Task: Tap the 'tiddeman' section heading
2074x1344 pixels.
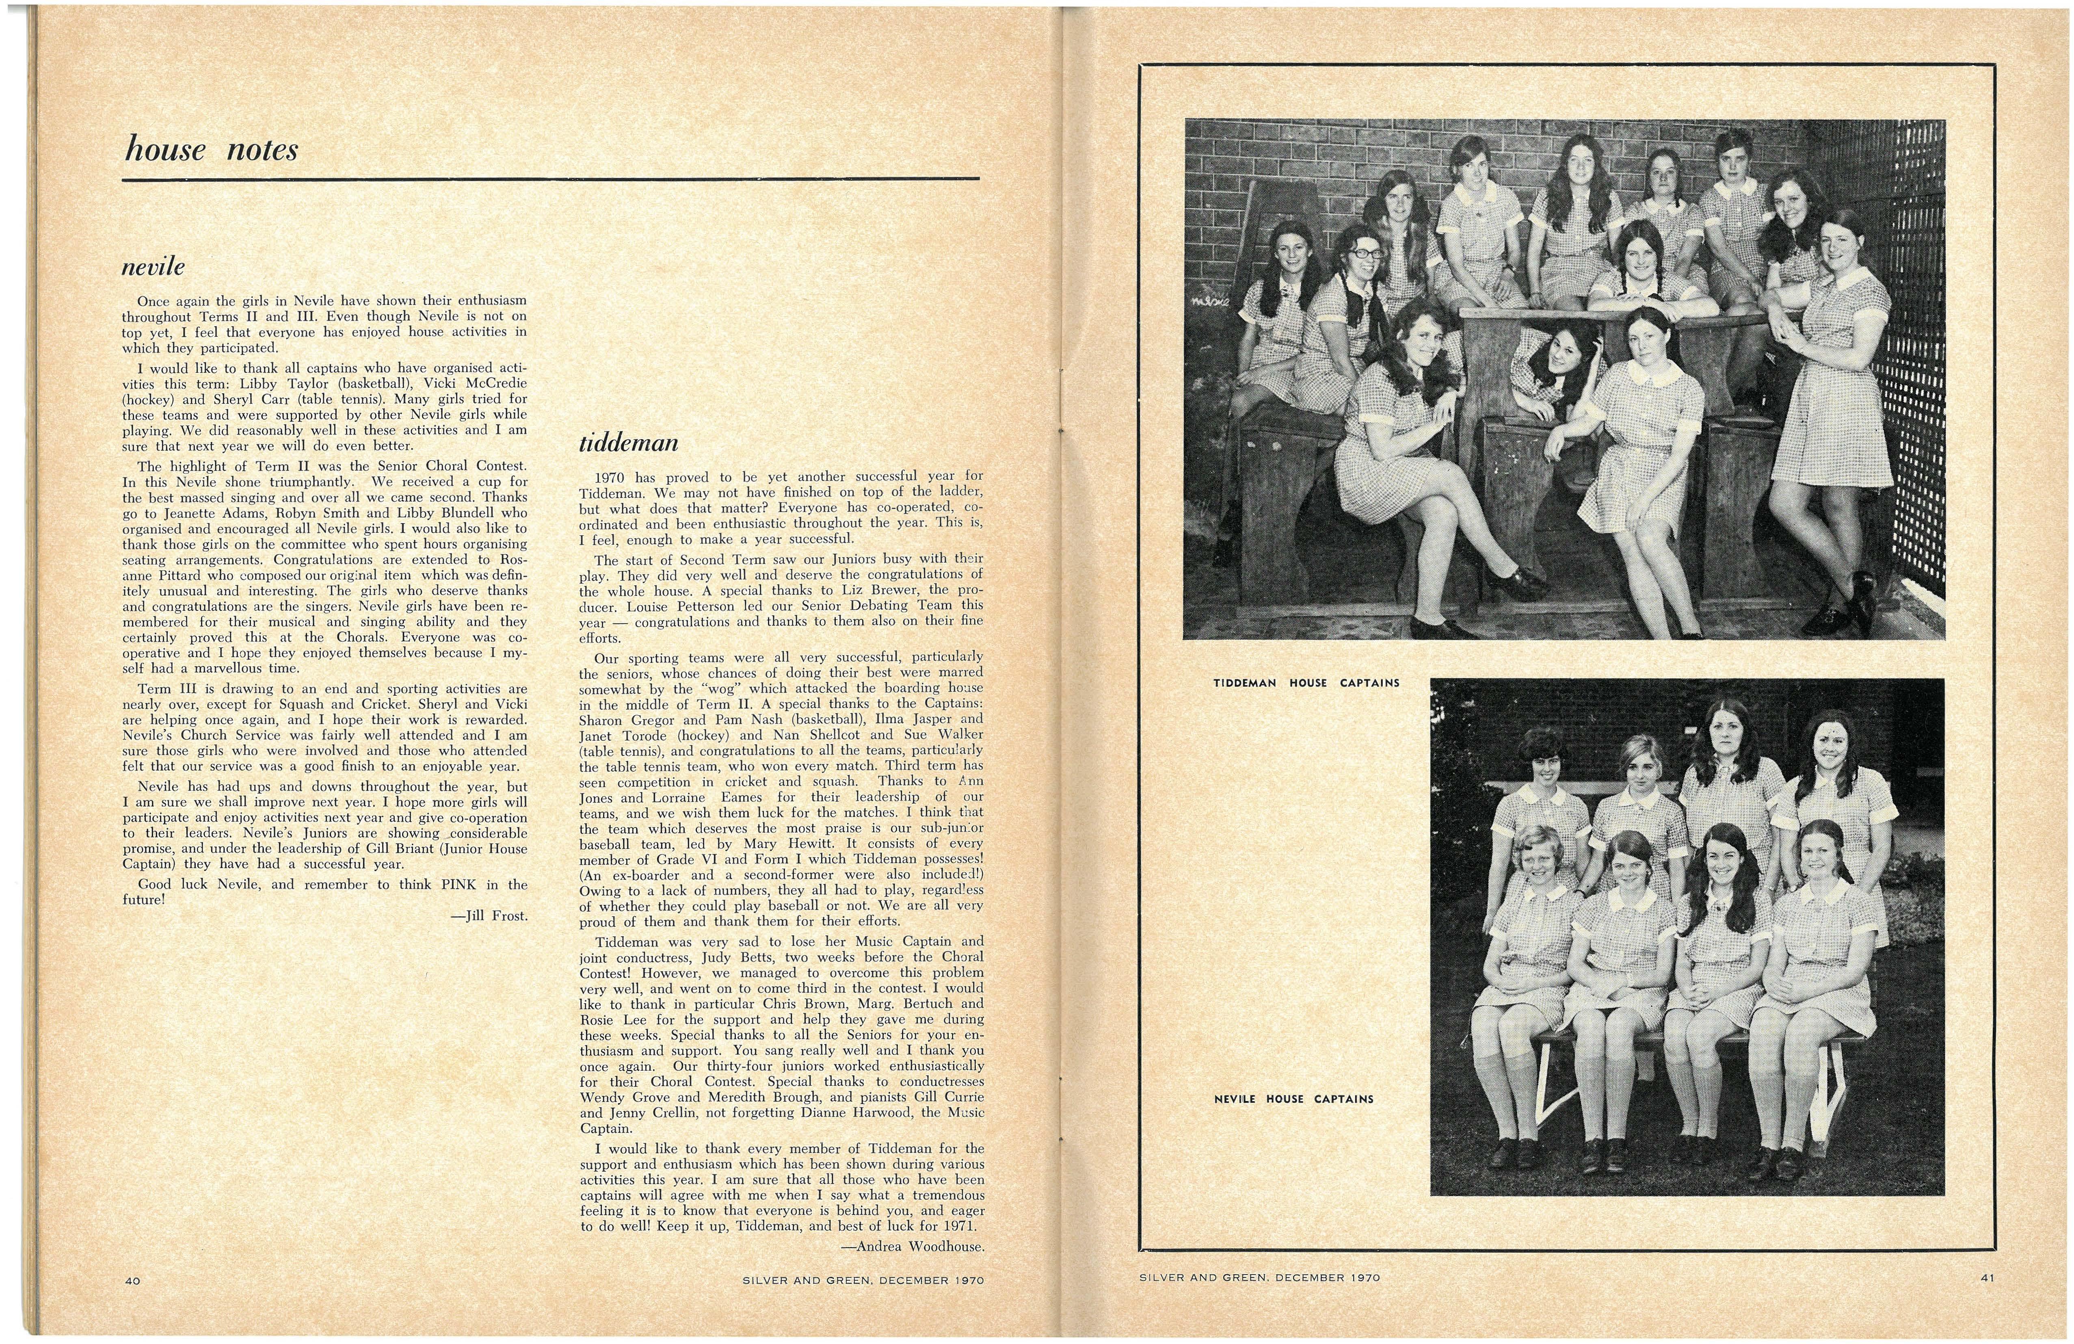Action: point(628,444)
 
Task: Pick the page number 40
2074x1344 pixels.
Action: point(132,1280)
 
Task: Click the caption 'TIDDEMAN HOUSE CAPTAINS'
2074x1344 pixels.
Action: point(1306,683)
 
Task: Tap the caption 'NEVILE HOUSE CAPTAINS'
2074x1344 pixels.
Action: point(1293,1099)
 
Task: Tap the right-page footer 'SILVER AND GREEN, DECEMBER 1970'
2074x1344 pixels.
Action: point(1259,1278)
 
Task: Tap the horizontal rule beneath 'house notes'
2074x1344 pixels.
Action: point(551,180)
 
